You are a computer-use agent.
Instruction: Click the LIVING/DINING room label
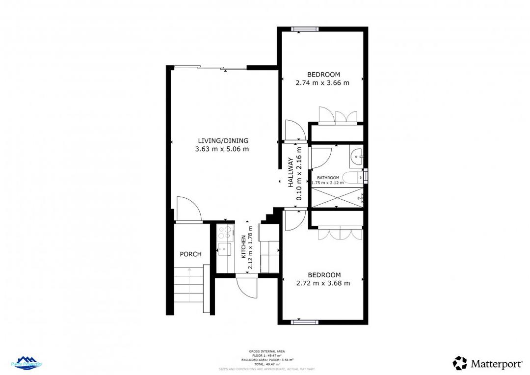223,140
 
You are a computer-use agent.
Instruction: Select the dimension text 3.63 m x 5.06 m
222,149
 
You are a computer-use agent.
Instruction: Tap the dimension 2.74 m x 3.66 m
322,83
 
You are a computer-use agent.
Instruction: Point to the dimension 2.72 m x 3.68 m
323,283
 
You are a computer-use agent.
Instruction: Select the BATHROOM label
328,178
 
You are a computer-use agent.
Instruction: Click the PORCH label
190,254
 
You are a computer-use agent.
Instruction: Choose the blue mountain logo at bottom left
29,364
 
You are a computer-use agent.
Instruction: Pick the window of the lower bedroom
305,322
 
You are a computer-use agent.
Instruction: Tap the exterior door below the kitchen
246,285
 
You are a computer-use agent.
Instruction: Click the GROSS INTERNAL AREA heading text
267,351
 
